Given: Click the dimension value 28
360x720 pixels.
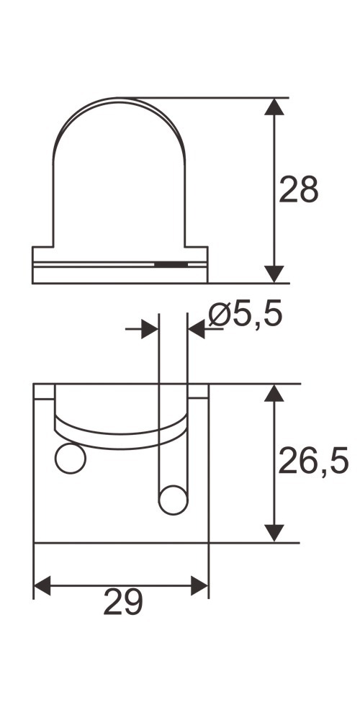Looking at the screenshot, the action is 299,189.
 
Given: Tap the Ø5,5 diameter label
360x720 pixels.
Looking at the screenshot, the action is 246,315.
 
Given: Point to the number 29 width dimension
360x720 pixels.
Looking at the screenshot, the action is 123,602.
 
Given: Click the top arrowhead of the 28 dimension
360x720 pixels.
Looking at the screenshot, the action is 274,107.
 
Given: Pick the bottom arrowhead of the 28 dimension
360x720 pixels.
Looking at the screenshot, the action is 274,274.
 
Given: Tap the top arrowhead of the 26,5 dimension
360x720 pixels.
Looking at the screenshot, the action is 274,393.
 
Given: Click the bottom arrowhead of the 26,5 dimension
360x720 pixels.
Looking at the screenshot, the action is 274,533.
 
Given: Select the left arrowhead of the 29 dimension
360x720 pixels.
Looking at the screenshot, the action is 42,585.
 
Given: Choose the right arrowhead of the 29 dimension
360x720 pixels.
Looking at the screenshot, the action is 199,585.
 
